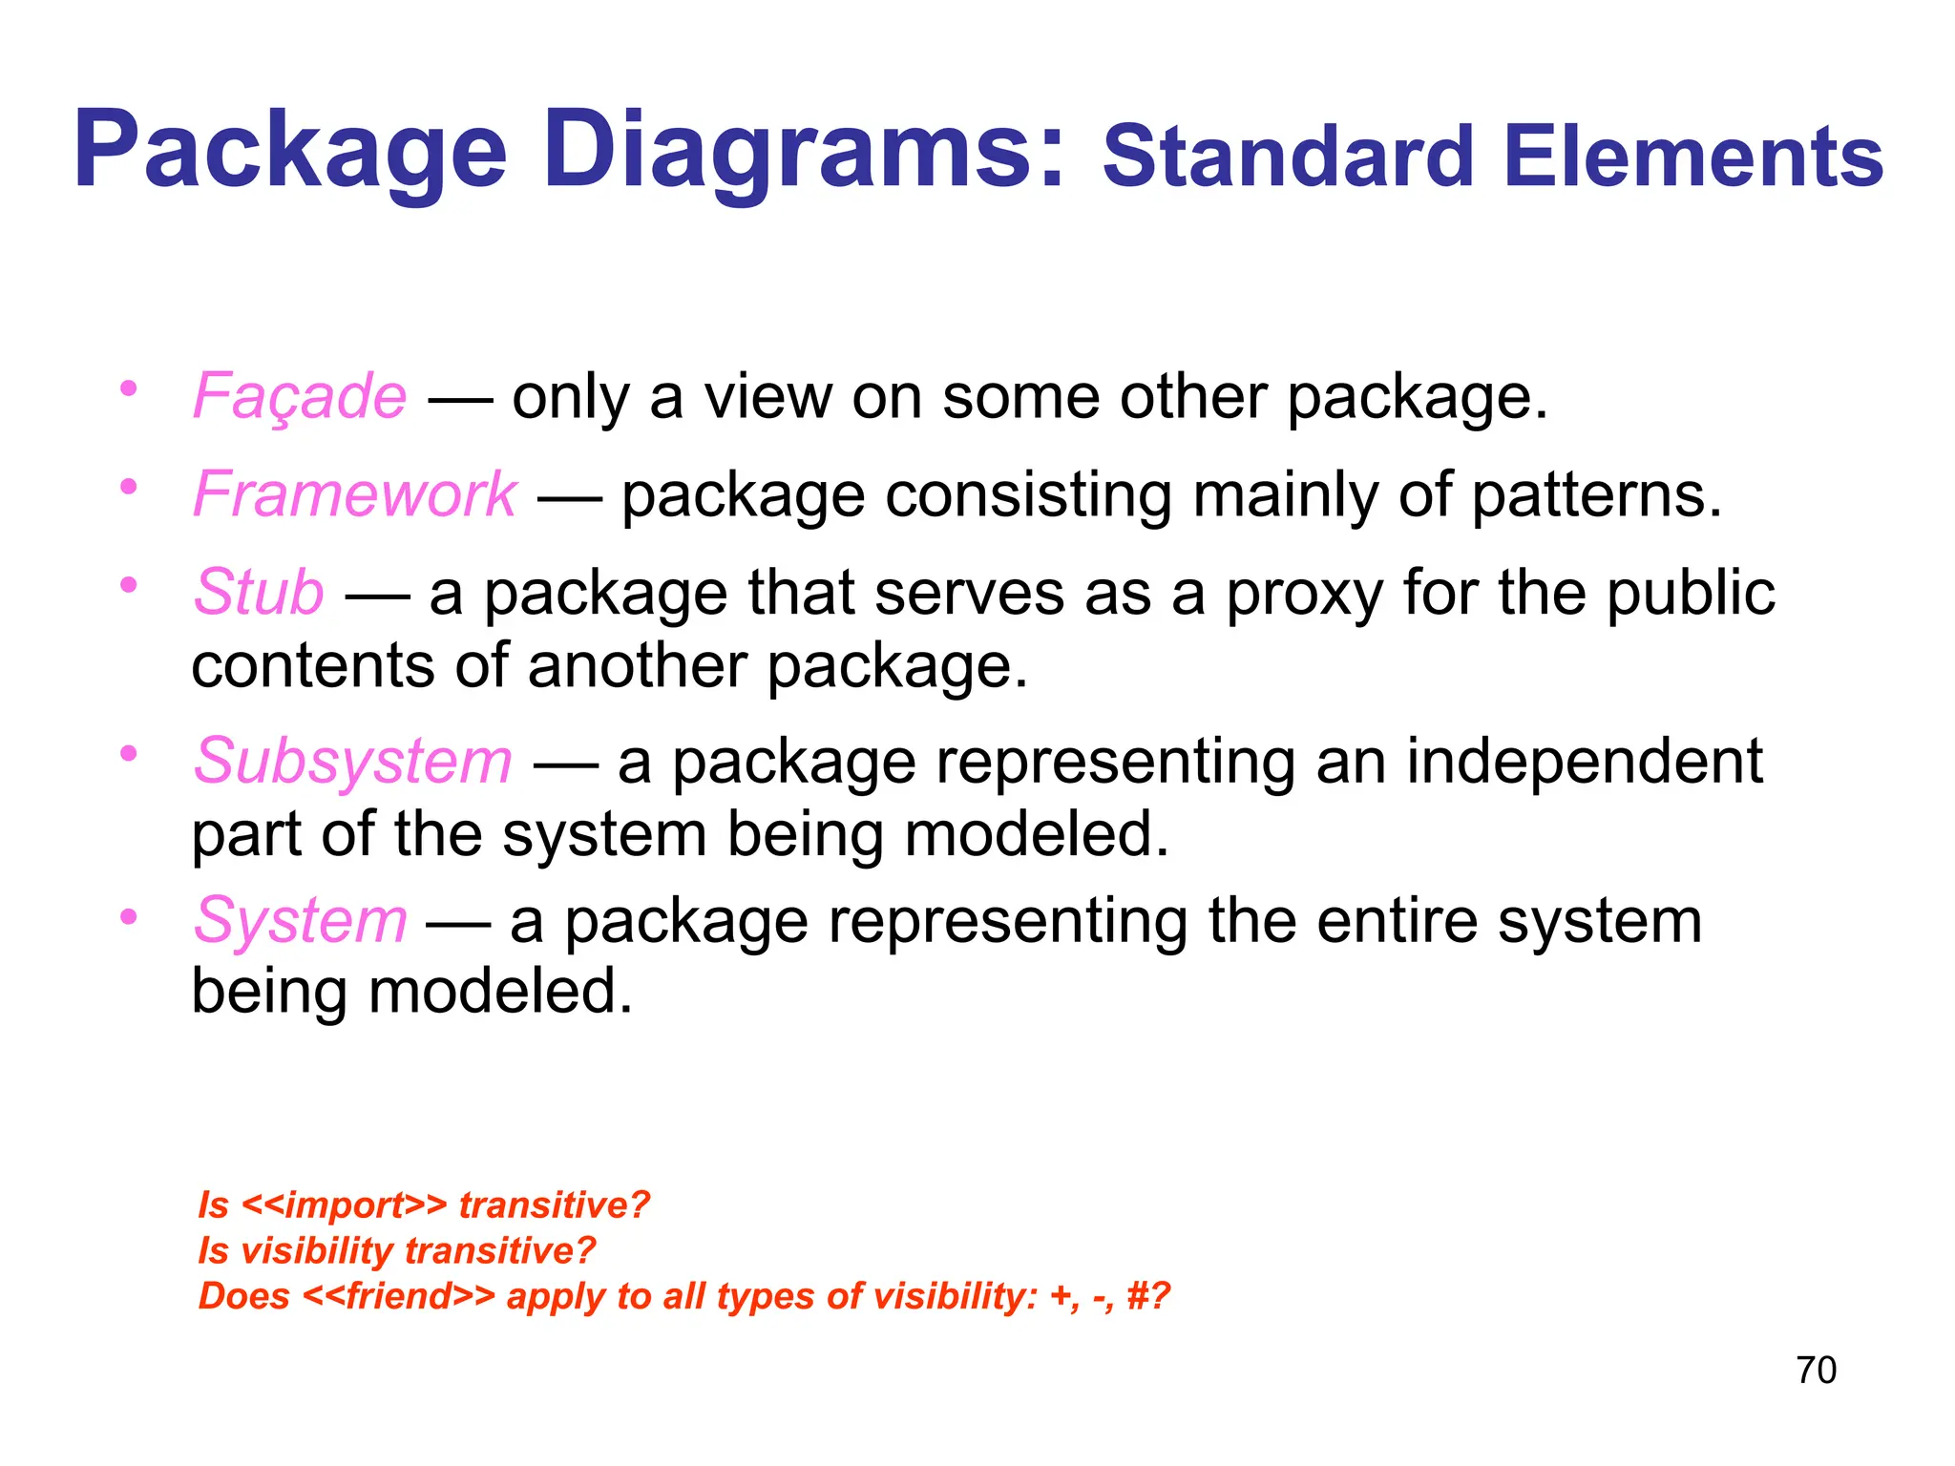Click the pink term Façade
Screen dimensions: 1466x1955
click(x=300, y=395)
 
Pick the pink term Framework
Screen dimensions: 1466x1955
click(x=354, y=494)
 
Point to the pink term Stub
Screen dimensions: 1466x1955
click(x=259, y=592)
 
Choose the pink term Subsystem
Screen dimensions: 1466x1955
click(x=352, y=761)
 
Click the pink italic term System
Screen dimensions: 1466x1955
click(x=300, y=921)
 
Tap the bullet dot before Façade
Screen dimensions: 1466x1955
click(x=129, y=389)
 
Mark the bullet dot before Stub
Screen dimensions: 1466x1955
click(x=129, y=585)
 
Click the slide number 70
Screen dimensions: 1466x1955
click(x=1816, y=1371)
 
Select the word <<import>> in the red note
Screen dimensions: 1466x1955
click(x=344, y=1205)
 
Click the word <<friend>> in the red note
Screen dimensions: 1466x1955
click(x=399, y=1297)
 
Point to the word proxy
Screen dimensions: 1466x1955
click(x=1304, y=594)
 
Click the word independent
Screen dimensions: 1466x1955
click(x=1584, y=761)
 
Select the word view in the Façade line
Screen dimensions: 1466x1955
click(x=767, y=395)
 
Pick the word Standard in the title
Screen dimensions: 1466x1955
click(x=1289, y=157)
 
